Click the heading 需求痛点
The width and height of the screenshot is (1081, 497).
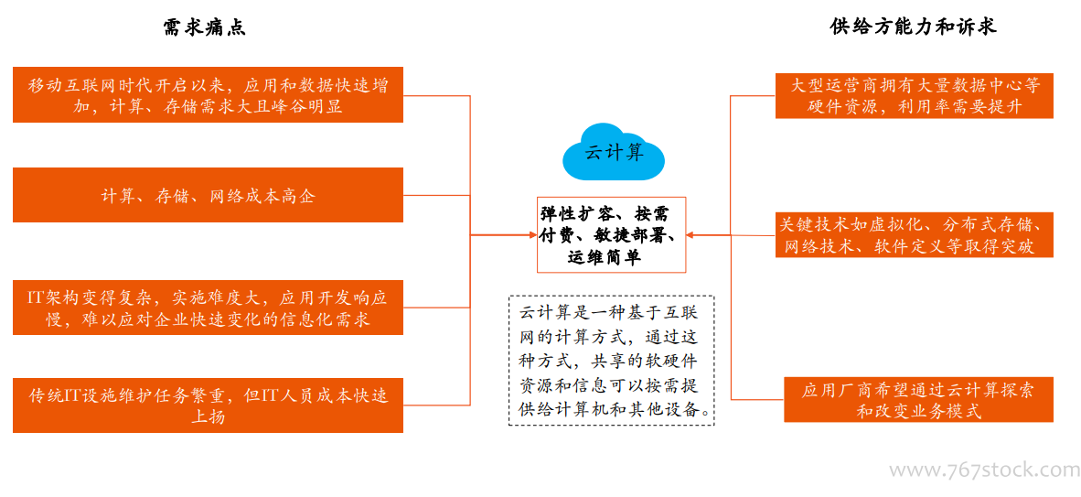(x=204, y=27)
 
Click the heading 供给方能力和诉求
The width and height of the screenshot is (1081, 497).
(x=915, y=27)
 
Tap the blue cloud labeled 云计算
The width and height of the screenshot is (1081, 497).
(x=614, y=153)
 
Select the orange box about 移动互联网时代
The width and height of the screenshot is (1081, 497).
(x=208, y=94)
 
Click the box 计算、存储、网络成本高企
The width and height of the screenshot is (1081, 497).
(x=208, y=195)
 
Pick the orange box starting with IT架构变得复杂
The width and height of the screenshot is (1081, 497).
(x=208, y=308)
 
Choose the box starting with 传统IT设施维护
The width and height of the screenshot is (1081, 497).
(x=208, y=405)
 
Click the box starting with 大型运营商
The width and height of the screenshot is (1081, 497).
(x=915, y=95)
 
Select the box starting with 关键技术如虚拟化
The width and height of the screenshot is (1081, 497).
(x=915, y=234)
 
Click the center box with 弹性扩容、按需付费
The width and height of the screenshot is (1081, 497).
(x=612, y=234)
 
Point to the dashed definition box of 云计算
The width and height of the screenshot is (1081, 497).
(x=612, y=361)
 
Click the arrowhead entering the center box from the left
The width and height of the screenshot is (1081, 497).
(x=531, y=234)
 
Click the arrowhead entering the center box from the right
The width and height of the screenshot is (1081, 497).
(x=693, y=234)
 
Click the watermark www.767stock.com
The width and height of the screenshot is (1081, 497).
(x=984, y=470)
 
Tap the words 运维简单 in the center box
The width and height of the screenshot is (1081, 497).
(x=605, y=257)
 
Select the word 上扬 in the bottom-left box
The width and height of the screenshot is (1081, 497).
(x=208, y=417)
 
